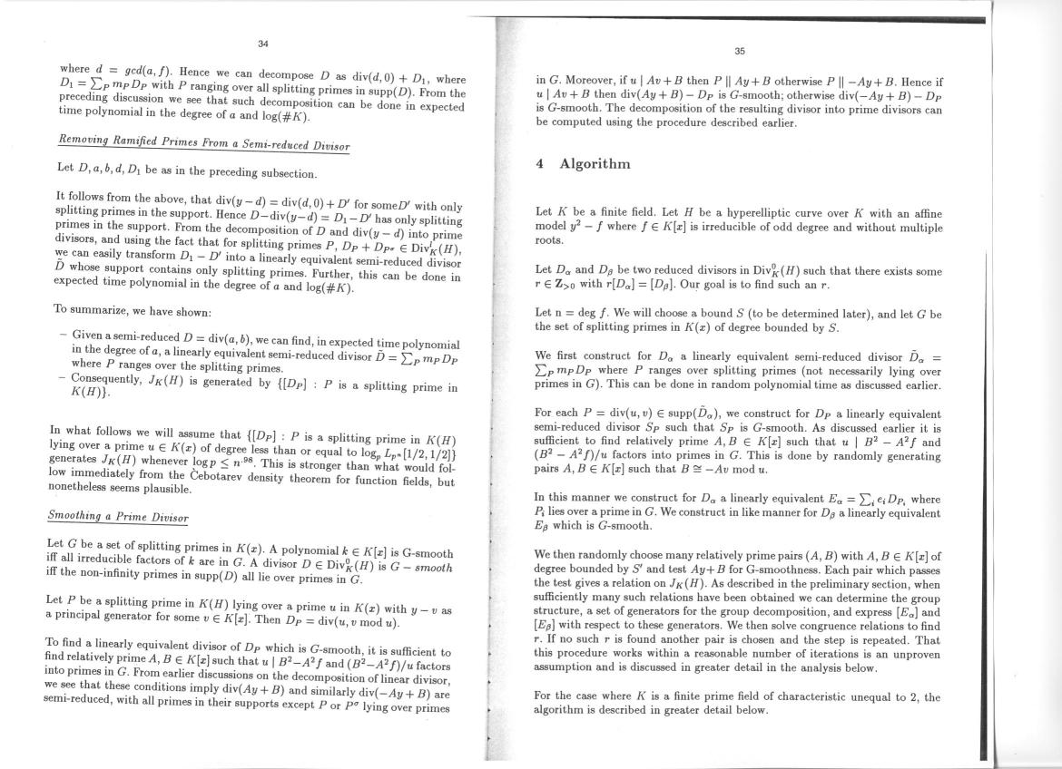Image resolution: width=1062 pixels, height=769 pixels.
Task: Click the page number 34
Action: tap(262, 44)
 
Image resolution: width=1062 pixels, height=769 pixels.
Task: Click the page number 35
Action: tap(739, 52)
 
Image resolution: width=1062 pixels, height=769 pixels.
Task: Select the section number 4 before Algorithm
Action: tap(540, 164)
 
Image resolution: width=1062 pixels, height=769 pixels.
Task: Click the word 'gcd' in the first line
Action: tap(130, 69)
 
